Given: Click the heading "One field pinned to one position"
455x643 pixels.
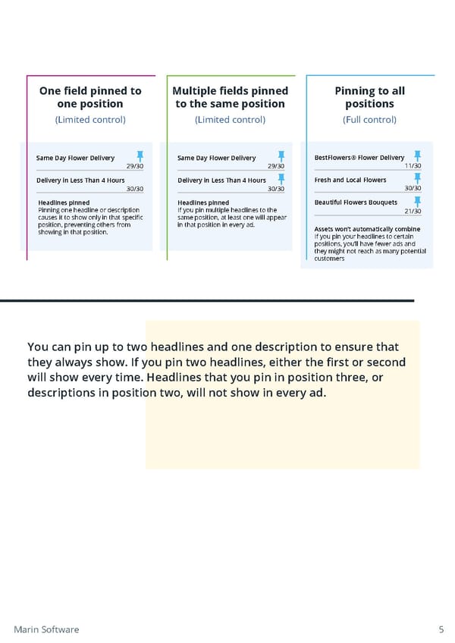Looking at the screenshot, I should point(90,97).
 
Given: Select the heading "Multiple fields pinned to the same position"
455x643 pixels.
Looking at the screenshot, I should point(231,97).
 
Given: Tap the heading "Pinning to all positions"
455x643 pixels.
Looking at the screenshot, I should point(370,97).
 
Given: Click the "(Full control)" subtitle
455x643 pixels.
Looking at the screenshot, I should point(370,120).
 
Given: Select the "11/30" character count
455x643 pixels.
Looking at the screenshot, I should point(413,166).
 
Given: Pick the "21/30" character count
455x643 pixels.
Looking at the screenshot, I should point(413,212).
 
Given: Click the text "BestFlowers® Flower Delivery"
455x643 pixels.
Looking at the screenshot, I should point(359,158).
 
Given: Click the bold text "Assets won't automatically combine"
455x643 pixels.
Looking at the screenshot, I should point(367,229).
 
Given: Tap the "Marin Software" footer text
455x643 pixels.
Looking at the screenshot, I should point(46,629).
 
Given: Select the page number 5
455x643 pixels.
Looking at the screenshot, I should point(441,629).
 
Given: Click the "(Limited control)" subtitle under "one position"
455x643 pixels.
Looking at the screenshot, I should point(90,120).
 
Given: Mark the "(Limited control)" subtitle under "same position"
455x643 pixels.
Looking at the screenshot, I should point(231,120).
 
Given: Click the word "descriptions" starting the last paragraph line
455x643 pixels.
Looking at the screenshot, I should point(64,393).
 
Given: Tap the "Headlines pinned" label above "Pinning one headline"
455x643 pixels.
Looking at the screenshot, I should point(64,202).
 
